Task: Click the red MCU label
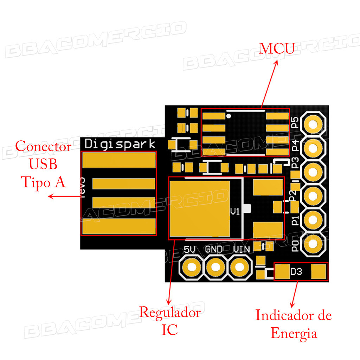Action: pos(276,49)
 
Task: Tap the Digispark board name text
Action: pos(120,144)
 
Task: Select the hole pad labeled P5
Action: pos(314,124)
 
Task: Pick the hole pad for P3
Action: pos(314,172)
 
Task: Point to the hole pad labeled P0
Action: pos(314,244)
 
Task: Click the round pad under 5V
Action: pos(191,267)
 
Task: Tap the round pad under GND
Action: pos(215,267)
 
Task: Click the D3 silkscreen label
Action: pos(296,272)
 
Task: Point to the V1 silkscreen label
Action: pos(234,212)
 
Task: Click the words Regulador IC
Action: pos(170,321)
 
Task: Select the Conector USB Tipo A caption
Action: pos(44,164)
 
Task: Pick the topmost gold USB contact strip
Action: pos(118,160)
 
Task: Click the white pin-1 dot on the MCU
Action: pos(229,115)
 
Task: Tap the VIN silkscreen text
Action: pos(242,250)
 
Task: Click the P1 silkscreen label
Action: pos(295,220)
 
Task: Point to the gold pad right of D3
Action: pos(319,271)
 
